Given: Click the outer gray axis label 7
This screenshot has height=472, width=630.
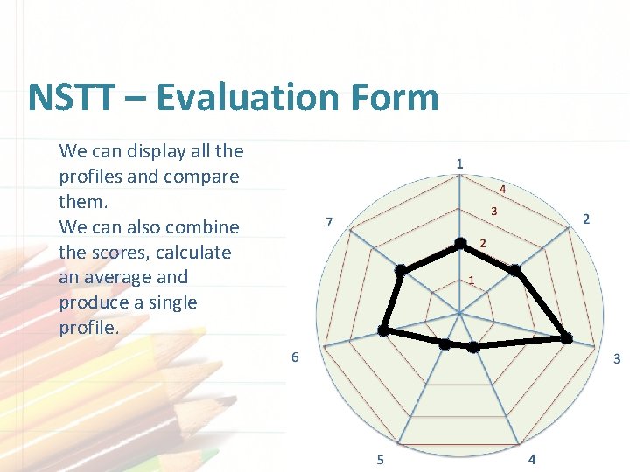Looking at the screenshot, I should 328,222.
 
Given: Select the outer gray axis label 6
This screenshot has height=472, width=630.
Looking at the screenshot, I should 295,357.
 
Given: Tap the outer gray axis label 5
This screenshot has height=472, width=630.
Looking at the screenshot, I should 380,460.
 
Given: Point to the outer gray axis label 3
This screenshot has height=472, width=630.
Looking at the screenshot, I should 616,358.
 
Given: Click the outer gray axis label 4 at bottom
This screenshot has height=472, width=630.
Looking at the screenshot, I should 534,460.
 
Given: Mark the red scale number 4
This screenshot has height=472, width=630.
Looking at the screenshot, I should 502,189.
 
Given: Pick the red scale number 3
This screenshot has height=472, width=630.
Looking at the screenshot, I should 493,212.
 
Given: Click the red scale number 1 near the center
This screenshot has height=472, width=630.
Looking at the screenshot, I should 471,281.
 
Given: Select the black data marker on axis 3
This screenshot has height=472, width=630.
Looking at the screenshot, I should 566,338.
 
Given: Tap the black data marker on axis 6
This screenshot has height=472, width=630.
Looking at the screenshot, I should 382,330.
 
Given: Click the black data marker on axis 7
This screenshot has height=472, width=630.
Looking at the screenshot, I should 401,271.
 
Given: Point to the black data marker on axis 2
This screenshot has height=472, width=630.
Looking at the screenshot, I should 515,272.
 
